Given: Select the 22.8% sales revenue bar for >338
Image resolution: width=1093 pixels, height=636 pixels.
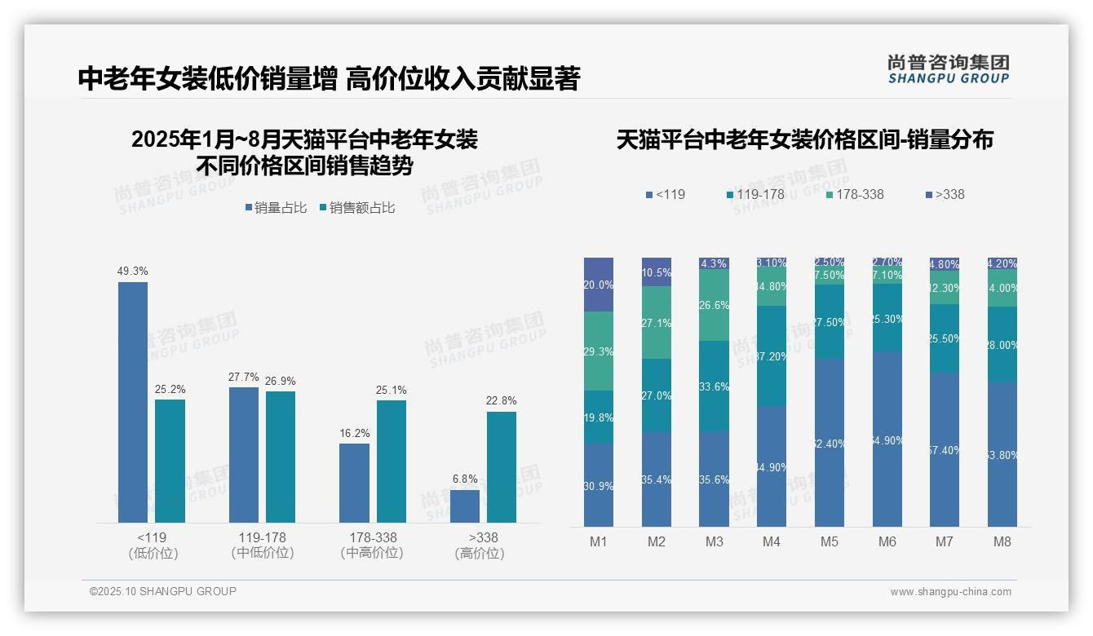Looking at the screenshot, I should click(x=502, y=466).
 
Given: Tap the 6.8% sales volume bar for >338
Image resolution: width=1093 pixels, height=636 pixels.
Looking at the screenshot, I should click(x=465, y=506).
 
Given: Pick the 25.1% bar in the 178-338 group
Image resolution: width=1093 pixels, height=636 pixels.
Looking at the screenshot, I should click(x=392, y=461).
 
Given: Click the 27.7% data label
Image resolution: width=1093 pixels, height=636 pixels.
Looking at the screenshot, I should click(x=243, y=377).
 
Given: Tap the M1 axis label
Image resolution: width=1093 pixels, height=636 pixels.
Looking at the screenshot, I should click(x=599, y=541).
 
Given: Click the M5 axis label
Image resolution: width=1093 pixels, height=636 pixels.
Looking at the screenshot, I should click(x=830, y=541).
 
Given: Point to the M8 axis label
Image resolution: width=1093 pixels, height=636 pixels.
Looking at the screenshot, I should click(x=1002, y=541).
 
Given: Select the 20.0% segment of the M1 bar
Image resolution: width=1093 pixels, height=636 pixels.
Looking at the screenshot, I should click(x=599, y=285).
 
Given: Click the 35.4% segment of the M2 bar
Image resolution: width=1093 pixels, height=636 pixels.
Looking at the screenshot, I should click(x=657, y=479).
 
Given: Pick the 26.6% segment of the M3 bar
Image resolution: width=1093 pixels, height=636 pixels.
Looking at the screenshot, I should click(x=715, y=305).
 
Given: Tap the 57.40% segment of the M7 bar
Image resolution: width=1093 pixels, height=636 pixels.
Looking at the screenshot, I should click(x=945, y=449).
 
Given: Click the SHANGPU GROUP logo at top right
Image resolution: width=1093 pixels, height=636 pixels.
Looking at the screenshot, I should click(x=948, y=69).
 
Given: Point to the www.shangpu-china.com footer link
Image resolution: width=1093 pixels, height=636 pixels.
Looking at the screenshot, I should click(x=950, y=592).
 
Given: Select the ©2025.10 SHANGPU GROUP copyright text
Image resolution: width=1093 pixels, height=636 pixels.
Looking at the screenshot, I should click(x=163, y=591).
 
